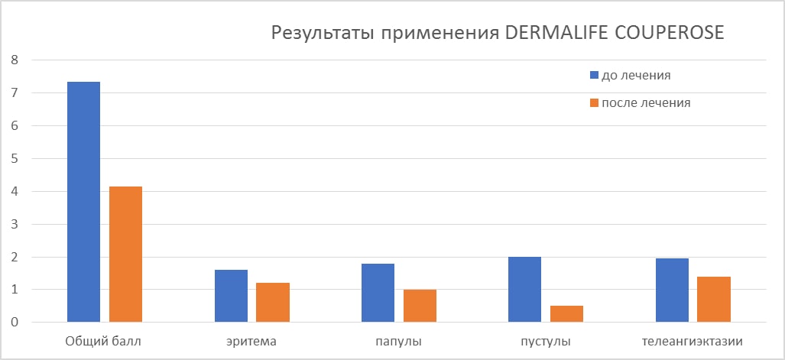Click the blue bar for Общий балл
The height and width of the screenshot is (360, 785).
pyautogui.click(x=83, y=202)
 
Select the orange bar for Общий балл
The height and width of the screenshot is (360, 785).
pyautogui.click(x=125, y=254)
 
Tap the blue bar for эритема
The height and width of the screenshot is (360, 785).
pyautogui.click(x=231, y=296)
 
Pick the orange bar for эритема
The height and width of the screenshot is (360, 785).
pyautogui.click(x=273, y=303)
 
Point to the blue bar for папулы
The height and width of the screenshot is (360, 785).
pyautogui.click(x=378, y=293)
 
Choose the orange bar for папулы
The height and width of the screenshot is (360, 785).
pyautogui.click(x=420, y=306)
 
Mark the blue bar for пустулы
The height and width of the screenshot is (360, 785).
pyautogui.click(x=524, y=290)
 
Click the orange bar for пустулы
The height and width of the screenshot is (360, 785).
pyautogui.click(x=566, y=314)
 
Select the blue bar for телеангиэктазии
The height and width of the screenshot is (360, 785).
pyautogui.click(x=672, y=290)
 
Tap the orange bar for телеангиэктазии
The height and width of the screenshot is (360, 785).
pyautogui.click(x=714, y=300)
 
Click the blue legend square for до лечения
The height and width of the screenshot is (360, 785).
pyautogui.click(x=594, y=76)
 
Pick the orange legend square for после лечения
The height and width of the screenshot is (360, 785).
pyautogui.click(x=594, y=103)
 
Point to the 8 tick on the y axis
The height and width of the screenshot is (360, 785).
pyautogui.click(x=13, y=60)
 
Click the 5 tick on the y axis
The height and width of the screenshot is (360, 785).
pyautogui.click(x=13, y=158)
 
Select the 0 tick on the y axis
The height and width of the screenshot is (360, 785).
pyautogui.click(x=13, y=323)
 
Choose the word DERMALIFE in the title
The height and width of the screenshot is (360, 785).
pyautogui.click(x=547, y=34)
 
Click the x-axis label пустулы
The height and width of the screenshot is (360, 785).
pyautogui.click(x=546, y=341)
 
